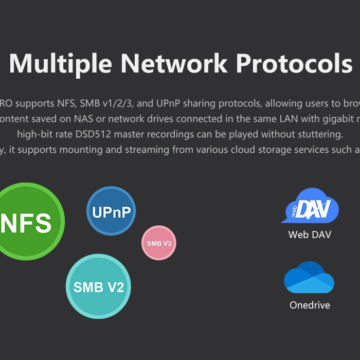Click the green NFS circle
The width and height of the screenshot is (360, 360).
point(28,221)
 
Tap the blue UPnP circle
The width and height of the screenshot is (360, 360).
point(111,211)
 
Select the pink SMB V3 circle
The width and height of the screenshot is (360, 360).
point(159,243)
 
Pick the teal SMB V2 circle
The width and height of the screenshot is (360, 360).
point(98,286)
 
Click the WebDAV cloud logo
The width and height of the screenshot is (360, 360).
point(310,206)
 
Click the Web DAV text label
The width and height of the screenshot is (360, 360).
point(310,235)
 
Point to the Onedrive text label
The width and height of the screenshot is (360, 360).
point(310,305)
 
